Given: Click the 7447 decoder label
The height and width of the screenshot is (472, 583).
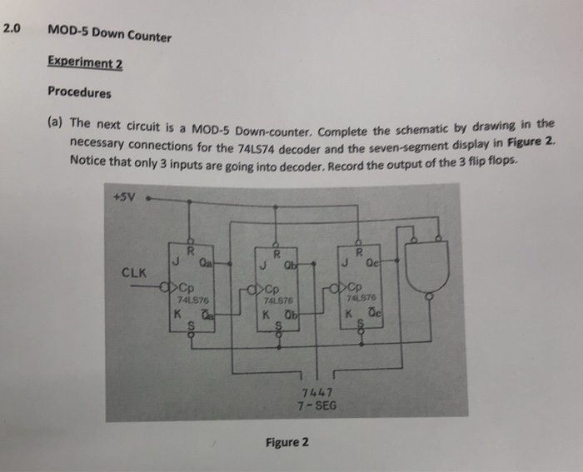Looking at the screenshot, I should [317, 394].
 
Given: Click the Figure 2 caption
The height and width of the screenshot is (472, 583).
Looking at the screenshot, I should [286, 442].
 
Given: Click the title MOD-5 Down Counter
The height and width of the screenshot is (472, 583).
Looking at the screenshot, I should [109, 34].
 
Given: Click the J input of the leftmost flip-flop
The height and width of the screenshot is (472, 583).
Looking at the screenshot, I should [177, 264].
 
